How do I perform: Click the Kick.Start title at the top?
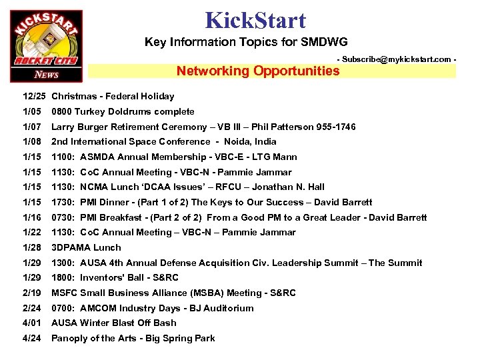pos(256,20)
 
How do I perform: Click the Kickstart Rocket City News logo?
pos(47,46)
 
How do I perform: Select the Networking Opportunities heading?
pos(258,71)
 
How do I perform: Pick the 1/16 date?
pos(32,217)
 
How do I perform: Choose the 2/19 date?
pos(32,293)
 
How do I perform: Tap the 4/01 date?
pos(32,323)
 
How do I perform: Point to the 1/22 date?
pos(32,232)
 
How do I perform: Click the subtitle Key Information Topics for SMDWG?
pos(246,42)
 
